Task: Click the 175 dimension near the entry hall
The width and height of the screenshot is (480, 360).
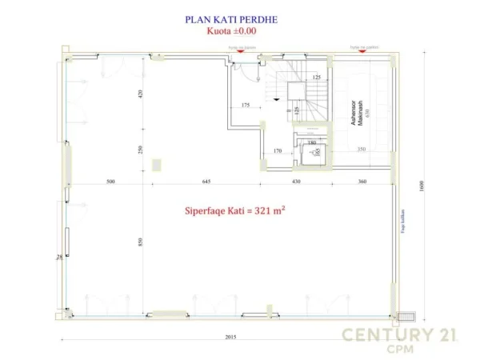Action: click(x=245, y=106)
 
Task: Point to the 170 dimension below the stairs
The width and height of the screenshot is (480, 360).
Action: click(x=278, y=150)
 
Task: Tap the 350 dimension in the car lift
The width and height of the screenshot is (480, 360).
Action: click(x=361, y=150)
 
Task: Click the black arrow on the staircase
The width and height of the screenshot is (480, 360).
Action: click(x=276, y=99)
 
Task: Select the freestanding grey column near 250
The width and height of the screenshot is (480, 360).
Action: click(x=157, y=163)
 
